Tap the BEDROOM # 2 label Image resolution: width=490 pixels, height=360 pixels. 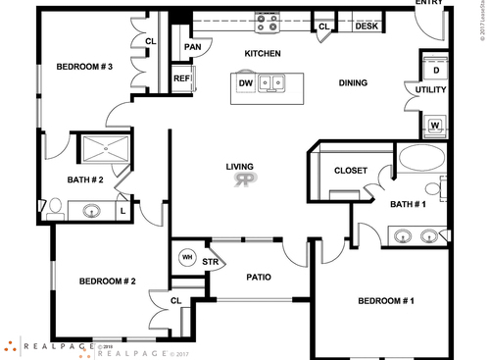[x=107, y=282]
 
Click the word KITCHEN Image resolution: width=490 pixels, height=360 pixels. [x=263, y=53]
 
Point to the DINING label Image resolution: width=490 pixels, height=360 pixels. [x=353, y=82]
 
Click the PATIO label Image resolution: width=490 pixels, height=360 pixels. [x=259, y=277]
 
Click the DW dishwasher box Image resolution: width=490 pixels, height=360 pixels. [x=247, y=83]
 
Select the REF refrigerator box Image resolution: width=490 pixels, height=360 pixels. [x=181, y=79]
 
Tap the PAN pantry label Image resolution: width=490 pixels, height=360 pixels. [x=192, y=46]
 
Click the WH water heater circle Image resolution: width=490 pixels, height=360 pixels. [x=186, y=259]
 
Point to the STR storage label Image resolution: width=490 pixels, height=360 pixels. [x=210, y=262]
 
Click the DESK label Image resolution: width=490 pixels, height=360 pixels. [x=366, y=27]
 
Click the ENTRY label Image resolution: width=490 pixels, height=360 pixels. [x=429, y=4]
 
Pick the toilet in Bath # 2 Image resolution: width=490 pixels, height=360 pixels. [x=55, y=206]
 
